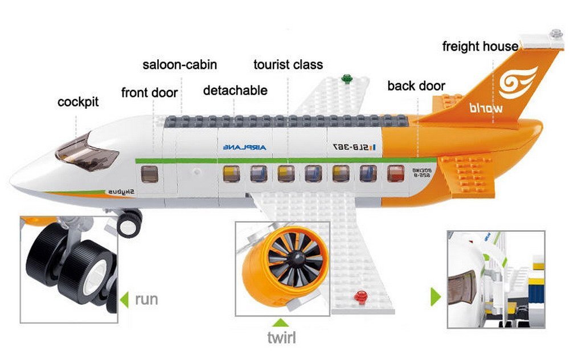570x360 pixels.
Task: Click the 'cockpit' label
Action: coord(78,103)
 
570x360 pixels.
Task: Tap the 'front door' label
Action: coord(149,92)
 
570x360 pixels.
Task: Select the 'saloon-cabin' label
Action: coord(179,64)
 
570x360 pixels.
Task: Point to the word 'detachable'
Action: coord(235,91)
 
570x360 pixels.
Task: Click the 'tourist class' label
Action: coord(288,64)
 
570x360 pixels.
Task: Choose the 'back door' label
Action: coord(416,86)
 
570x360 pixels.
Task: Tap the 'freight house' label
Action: coord(480,47)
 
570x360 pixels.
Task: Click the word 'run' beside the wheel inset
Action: coord(146,299)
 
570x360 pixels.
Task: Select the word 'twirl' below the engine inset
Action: coord(281,337)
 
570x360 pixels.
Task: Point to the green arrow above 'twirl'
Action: coord(282,321)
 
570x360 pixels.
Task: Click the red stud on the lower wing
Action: coord(359,295)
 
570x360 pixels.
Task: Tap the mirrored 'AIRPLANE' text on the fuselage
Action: coord(244,148)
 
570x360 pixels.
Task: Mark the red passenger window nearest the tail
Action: coord(395,173)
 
